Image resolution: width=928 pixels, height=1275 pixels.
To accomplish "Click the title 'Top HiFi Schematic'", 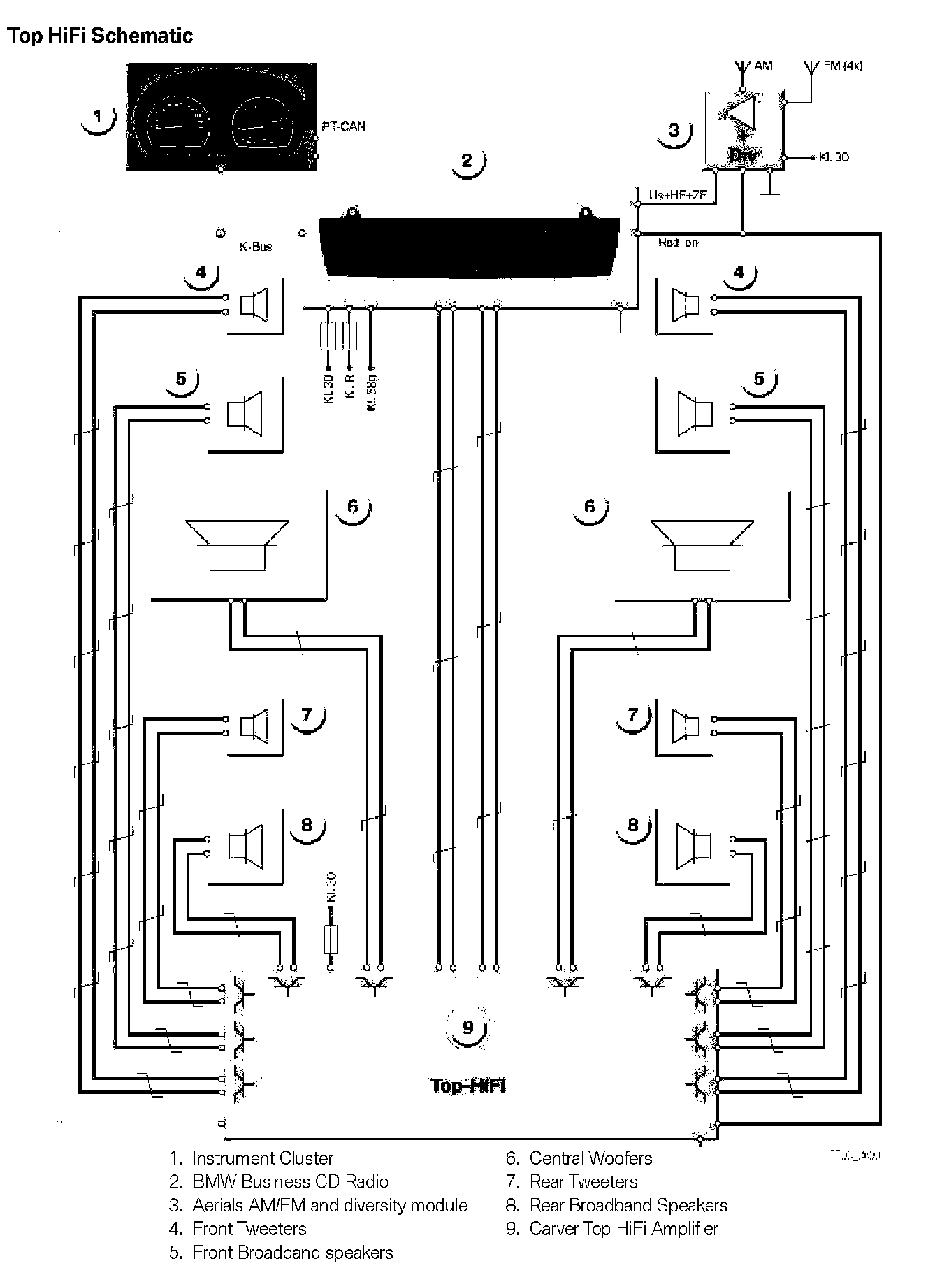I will tap(100, 36).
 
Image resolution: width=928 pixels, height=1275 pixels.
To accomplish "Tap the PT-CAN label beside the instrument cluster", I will tap(343, 127).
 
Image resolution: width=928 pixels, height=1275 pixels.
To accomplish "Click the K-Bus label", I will tap(255, 247).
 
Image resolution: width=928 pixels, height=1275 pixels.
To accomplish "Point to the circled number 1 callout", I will tap(98, 117).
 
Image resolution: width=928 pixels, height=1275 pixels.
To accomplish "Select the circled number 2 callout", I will tap(467, 161).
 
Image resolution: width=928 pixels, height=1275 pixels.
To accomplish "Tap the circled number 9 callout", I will tap(467, 1027).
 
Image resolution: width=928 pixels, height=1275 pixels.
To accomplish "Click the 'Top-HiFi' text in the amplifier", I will tap(467, 1085).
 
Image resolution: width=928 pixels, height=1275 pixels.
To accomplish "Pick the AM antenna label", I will tap(764, 66).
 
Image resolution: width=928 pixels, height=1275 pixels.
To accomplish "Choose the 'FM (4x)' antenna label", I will tap(843, 66).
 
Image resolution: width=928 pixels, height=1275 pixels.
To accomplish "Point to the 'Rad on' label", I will tap(678, 243).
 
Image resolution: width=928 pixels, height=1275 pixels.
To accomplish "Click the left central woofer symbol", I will tap(237, 545).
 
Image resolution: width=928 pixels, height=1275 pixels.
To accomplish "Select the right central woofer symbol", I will tap(702, 545).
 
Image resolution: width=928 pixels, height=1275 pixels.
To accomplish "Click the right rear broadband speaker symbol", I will tap(694, 843).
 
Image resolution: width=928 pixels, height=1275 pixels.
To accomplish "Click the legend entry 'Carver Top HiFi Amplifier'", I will tap(623, 1228).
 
